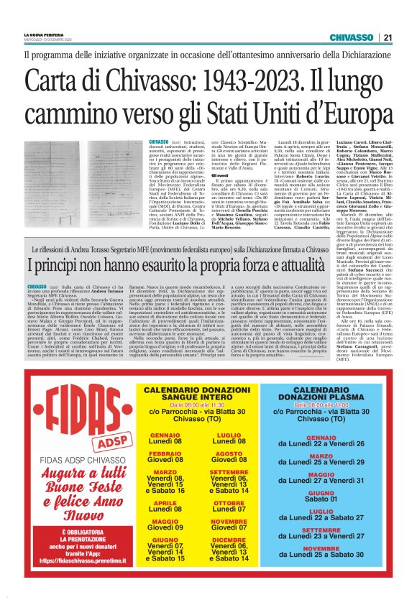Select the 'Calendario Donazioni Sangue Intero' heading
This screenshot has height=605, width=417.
[x=196, y=394]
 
